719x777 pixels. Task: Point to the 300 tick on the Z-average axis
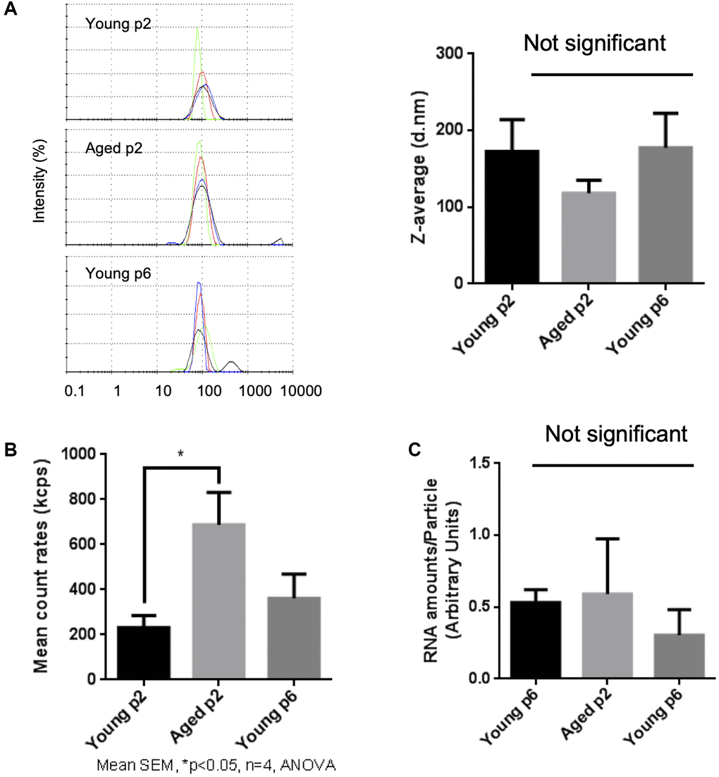(x=448, y=54)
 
